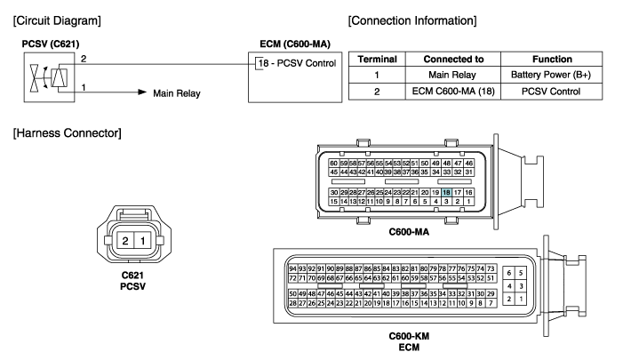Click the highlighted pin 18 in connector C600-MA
point(447,192)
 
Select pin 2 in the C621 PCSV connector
point(125,240)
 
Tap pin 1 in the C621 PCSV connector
point(142,240)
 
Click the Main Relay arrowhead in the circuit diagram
point(142,92)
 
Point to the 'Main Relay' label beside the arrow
point(177,93)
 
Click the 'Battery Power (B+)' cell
point(551,75)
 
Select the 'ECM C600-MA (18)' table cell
point(453,92)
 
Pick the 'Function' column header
point(552,60)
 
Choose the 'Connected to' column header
point(453,60)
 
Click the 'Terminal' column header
point(377,60)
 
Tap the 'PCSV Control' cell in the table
point(551,92)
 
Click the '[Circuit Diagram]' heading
point(57,20)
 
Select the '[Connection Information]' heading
point(412,20)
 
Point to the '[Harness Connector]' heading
point(68,132)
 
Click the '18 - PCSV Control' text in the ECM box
point(297,63)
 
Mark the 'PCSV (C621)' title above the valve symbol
point(51,44)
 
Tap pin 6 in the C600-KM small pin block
point(509,273)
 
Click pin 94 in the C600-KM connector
point(292,268)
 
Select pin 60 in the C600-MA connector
point(334,163)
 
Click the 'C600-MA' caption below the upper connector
point(409,232)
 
